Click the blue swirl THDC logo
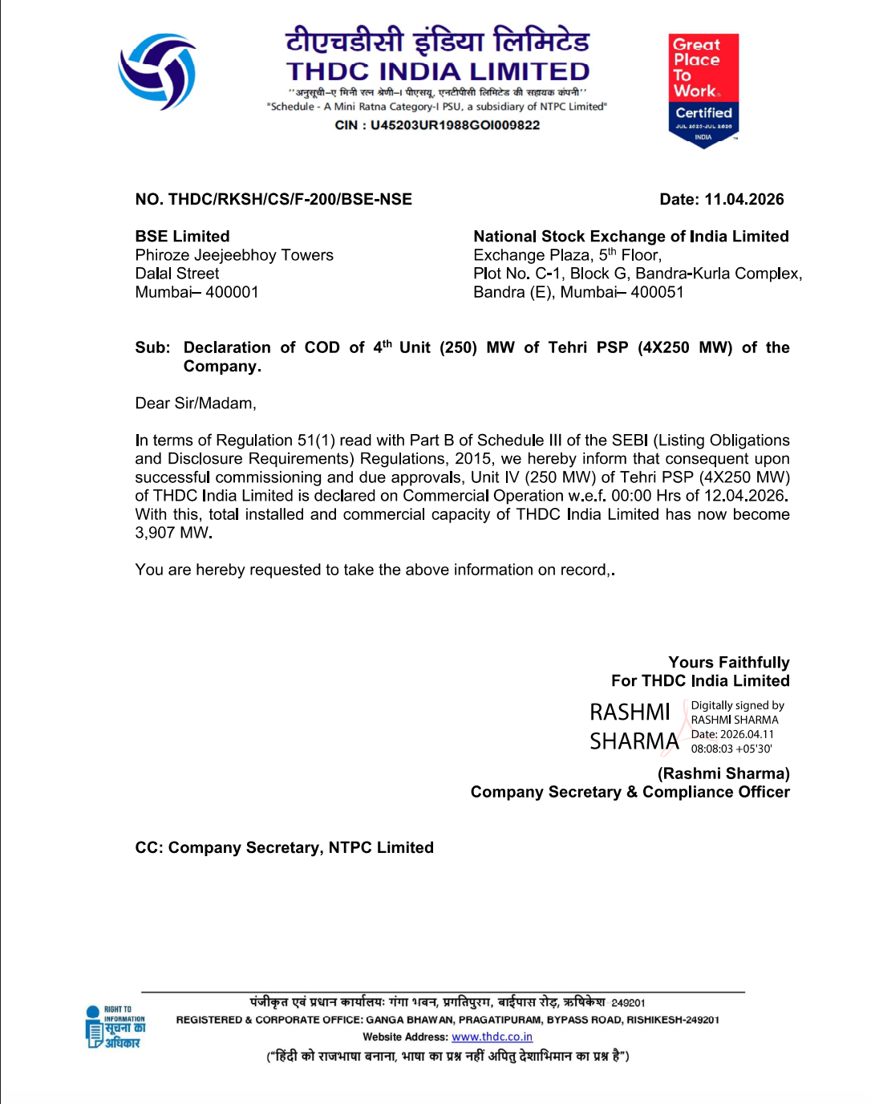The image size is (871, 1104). [x=158, y=71]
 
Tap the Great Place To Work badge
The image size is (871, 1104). [x=703, y=89]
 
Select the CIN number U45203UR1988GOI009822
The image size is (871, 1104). [x=455, y=125]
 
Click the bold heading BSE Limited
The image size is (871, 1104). [x=182, y=237]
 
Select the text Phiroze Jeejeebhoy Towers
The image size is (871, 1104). [x=234, y=255]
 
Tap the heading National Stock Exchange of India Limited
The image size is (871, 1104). [x=630, y=237]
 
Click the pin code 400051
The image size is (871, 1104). [x=657, y=292]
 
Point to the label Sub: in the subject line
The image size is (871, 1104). [x=152, y=347]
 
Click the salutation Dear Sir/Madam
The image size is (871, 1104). [x=195, y=404]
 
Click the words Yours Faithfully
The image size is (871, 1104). [x=728, y=663]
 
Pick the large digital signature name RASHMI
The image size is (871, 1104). [x=630, y=712]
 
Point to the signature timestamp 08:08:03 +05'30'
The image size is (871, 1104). [x=731, y=749]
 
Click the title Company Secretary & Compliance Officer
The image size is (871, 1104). [x=630, y=792]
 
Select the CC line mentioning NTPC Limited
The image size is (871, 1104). [x=284, y=848]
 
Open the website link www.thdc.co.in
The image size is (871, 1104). [x=492, y=1037]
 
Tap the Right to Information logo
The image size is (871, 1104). [x=115, y=1028]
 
